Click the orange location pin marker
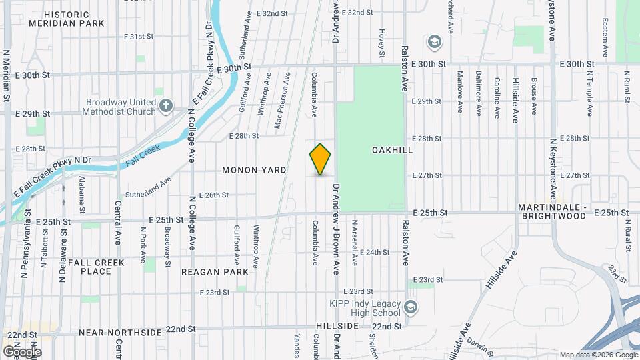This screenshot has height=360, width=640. pos(321,159)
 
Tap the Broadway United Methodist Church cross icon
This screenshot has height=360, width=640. pos(165,105)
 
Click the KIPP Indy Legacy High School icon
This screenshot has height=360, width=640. pos(411,307)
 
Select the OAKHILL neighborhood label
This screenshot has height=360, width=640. pos(392,150)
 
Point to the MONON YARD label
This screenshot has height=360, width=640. pos(254,170)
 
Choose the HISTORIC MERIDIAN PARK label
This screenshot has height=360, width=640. pos(67,19)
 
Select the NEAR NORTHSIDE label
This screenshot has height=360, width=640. pos(121,332)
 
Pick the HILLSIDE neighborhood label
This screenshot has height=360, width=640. pos(337,326)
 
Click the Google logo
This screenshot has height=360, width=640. pos(21,351)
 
